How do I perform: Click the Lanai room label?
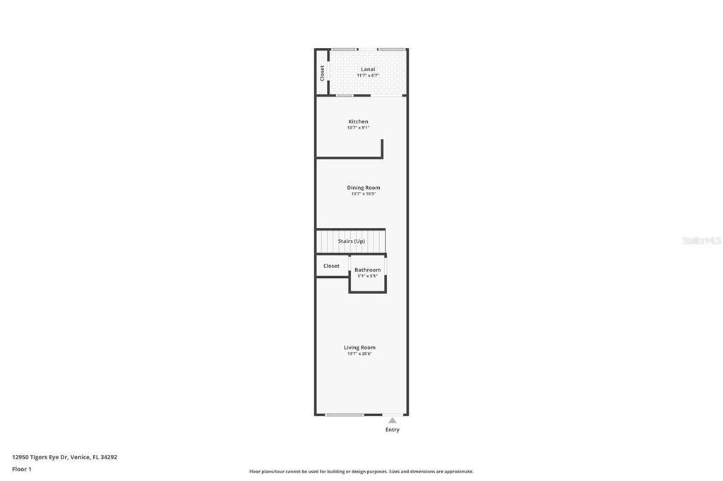(367, 69)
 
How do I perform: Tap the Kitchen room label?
(358, 121)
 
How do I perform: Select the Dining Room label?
(363, 188)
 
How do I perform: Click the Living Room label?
(359, 347)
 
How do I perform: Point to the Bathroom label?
(367, 269)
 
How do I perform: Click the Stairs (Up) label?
(351, 241)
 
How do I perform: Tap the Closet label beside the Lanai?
(322, 73)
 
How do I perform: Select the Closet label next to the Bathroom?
(331, 266)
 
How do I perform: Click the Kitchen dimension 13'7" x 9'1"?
(358, 128)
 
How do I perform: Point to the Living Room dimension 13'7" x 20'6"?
(359, 353)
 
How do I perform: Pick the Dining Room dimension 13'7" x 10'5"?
(363, 194)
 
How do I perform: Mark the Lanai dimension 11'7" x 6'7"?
(367, 75)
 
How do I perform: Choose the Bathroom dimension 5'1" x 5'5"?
(367, 276)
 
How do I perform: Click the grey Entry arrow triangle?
(393, 420)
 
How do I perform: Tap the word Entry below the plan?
(393, 430)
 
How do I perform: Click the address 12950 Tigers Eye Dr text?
(64, 457)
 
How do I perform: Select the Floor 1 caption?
(22, 469)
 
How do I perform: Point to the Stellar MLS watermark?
(701, 240)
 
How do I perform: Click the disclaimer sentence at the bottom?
(361, 472)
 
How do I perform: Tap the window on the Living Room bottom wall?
(344, 415)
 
